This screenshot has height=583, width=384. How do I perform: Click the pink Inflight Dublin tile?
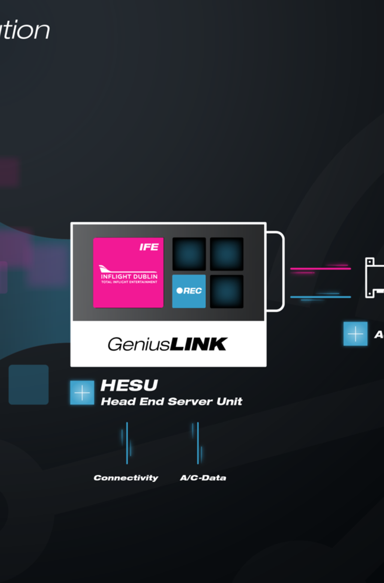[x=128, y=272]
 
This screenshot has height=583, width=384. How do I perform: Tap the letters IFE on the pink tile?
[x=149, y=247]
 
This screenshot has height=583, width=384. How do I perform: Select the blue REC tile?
[x=189, y=291]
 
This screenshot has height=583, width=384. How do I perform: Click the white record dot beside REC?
[x=179, y=290]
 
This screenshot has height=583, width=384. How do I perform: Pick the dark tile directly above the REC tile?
[x=189, y=254]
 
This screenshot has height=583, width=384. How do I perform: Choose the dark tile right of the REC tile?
[x=227, y=291]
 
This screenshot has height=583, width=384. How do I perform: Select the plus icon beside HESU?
[x=82, y=393]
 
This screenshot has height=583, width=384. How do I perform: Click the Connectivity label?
[x=126, y=478]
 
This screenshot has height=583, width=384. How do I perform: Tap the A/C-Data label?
[x=203, y=478]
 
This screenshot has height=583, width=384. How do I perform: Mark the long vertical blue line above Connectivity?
[x=127, y=443]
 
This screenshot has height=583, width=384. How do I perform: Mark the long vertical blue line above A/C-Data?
[x=198, y=443]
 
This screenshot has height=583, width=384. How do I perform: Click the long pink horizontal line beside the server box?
[x=321, y=268]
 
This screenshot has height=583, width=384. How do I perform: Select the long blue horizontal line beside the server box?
[x=321, y=297]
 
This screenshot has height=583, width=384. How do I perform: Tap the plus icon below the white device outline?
[x=355, y=333]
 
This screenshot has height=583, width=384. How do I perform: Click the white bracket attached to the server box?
[x=282, y=271]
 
